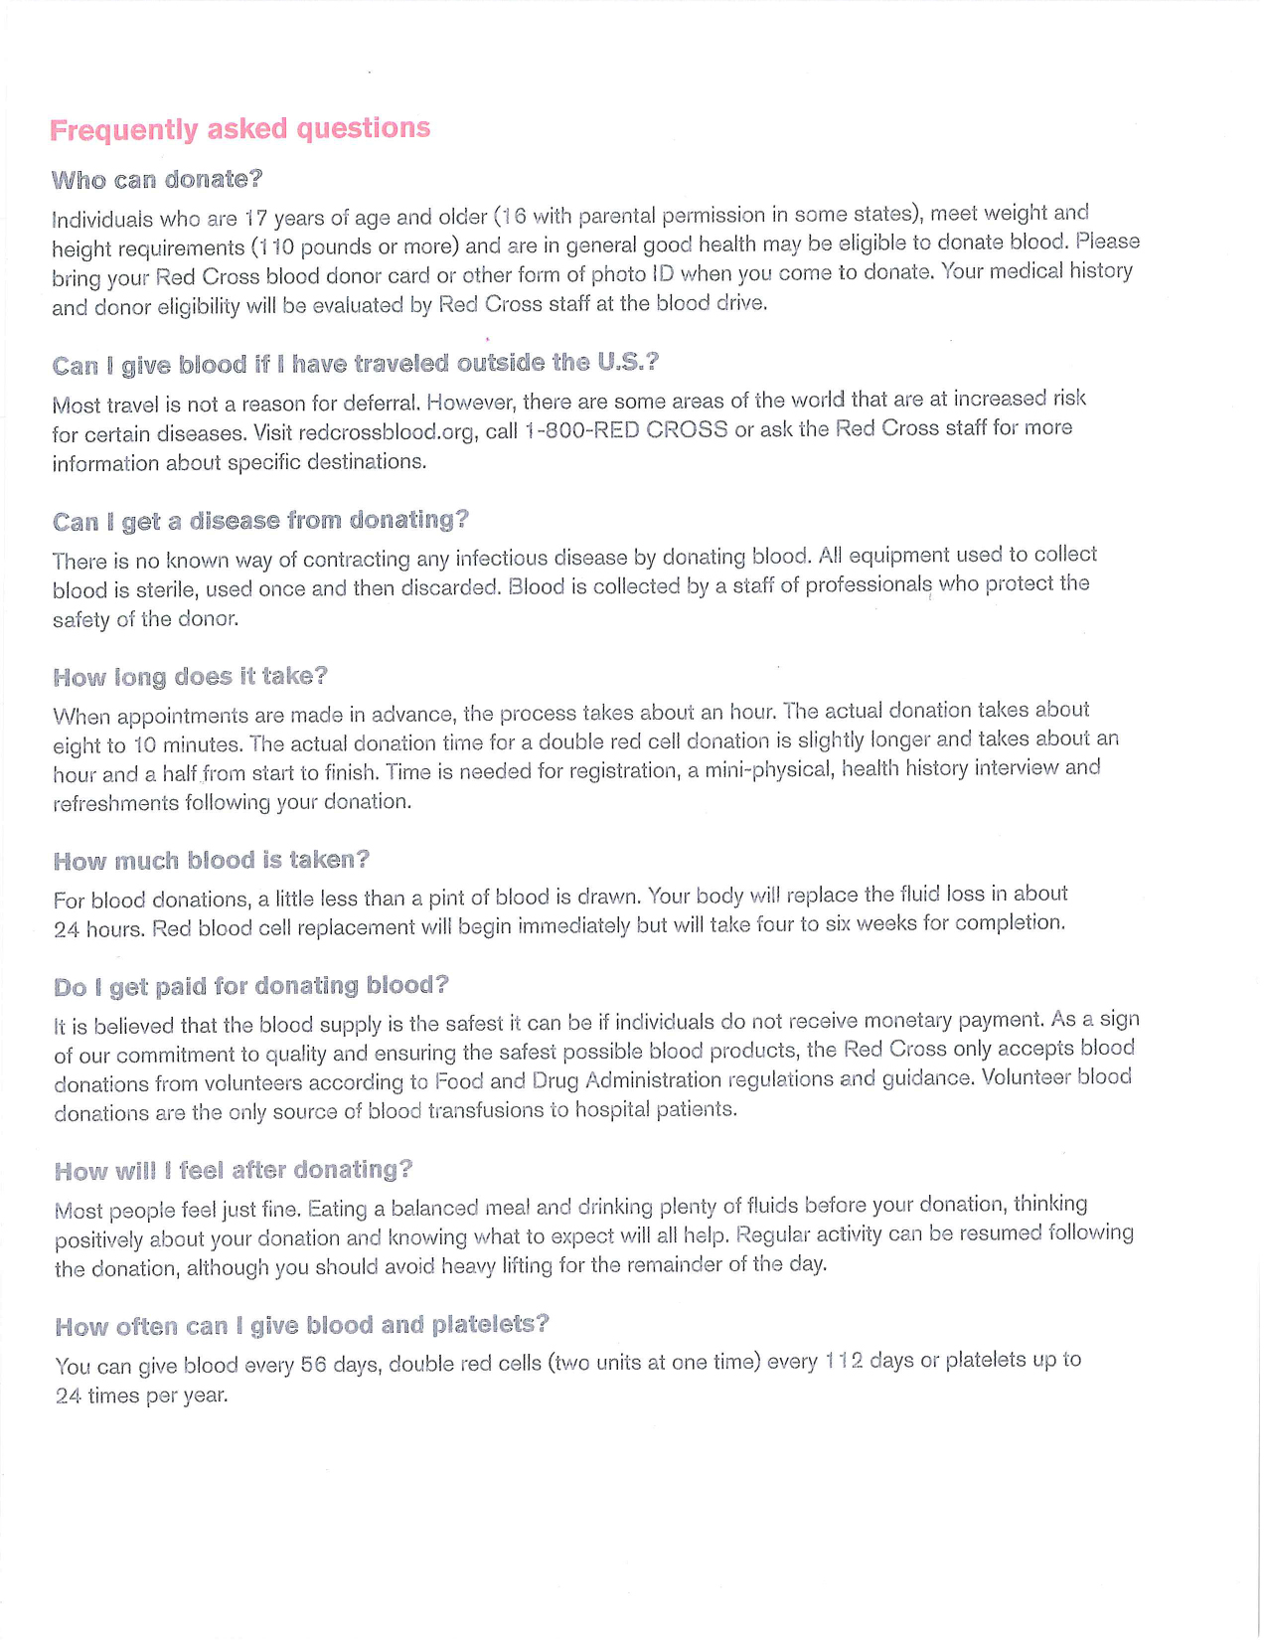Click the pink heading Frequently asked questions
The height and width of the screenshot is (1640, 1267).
pos(239,129)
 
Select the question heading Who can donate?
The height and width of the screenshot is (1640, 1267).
pos(157,180)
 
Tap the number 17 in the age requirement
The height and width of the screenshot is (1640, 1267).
pos(256,218)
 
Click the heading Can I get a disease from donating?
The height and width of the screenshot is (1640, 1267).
pos(259,521)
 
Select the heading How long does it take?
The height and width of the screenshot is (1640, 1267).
pos(190,677)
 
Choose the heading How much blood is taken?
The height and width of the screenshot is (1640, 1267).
pos(211,861)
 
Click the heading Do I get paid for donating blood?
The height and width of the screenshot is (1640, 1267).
pos(250,986)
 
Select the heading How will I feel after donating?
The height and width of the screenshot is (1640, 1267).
pos(233,1171)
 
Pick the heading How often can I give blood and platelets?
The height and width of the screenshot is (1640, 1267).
pos(301,1326)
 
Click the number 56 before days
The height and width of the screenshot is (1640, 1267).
pos(313,1366)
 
